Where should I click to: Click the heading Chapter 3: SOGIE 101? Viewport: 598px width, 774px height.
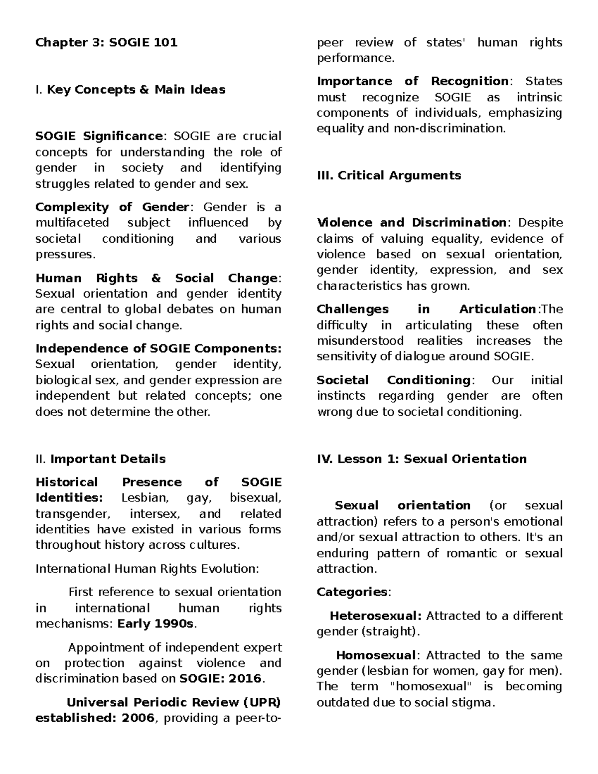click(x=106, y=42)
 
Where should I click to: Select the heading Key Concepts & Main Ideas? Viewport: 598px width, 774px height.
click(x=136, y=90)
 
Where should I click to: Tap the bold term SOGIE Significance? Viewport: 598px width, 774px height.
click(x=99, y=136)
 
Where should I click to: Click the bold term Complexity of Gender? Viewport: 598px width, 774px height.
click(x=112, y=207)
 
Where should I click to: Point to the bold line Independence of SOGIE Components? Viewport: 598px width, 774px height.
click(x=158, y=348)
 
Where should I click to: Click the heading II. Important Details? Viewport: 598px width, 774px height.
click(x=101, y=459)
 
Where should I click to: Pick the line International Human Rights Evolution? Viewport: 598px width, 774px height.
click(x=147, y=569)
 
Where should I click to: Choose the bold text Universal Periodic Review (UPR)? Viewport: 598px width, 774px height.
click(x=173, y=702)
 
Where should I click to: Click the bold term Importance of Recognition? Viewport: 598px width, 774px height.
click(x=412, y=81)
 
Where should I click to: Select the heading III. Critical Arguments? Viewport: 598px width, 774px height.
click(x=389, y=175)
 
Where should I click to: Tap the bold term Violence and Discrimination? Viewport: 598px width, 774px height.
click(x=412, y=223)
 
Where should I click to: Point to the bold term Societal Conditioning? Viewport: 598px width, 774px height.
click(x=393, y=380)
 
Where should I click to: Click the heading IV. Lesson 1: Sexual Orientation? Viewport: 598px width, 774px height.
click(x=422, y=459)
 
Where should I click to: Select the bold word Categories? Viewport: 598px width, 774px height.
click(x=352, y=592)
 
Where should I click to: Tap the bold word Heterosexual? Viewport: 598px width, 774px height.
click(x=376, y=616)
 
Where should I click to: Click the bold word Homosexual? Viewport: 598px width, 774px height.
click(x=376, y=655)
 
